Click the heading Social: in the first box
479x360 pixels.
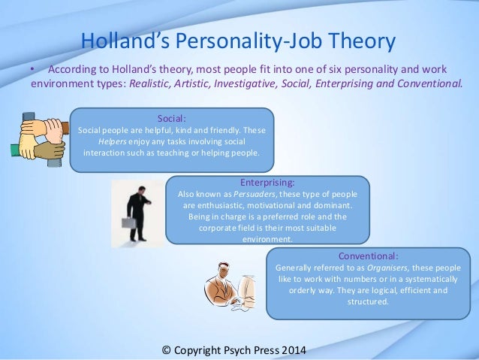[x=172, y=118]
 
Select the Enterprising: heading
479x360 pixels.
[x=266, y=182]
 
